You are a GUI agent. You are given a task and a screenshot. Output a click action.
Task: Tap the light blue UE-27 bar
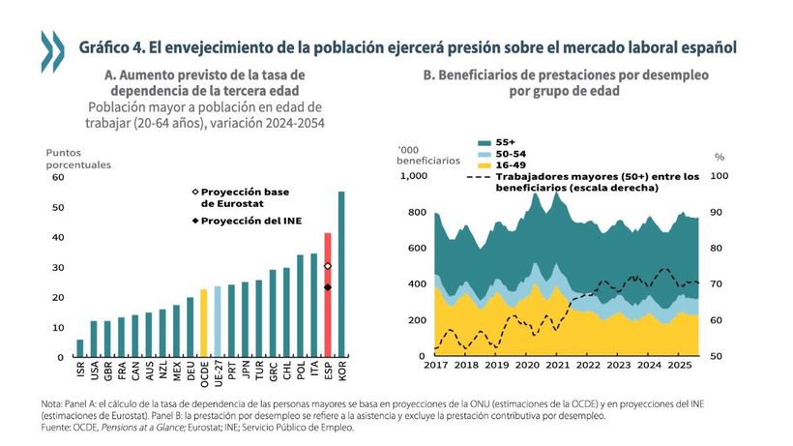point(217,320)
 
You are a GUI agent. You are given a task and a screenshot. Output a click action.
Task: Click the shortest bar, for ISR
point(79,347)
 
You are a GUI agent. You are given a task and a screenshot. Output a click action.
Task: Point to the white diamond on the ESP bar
point(328,266)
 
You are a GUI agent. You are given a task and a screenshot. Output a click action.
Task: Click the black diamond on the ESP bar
point(328,287)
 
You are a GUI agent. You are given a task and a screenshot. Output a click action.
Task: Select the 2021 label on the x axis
point(558,367)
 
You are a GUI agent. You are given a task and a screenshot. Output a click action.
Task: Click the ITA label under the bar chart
point(314,369)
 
